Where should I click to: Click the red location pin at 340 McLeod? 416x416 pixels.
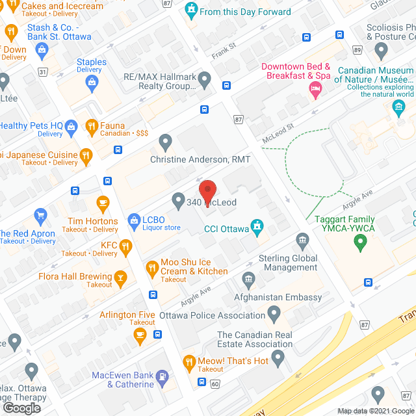(207, 190)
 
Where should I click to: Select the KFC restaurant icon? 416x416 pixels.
(126, 246)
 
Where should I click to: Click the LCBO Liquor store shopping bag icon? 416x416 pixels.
(134, 220)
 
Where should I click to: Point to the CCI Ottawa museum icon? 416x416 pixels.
(257, 225)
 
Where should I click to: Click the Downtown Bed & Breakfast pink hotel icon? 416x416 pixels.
(315, 88)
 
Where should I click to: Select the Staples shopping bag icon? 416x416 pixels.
(92, 81)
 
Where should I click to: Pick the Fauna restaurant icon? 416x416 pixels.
(92, 125)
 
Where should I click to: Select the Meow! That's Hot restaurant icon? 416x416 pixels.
(189, 361)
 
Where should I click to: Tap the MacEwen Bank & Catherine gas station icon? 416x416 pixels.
(161, 376)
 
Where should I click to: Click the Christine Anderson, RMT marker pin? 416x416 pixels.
(165, 140)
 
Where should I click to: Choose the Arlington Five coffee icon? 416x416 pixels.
(140, 334)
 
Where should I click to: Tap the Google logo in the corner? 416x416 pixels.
(21, 408)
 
